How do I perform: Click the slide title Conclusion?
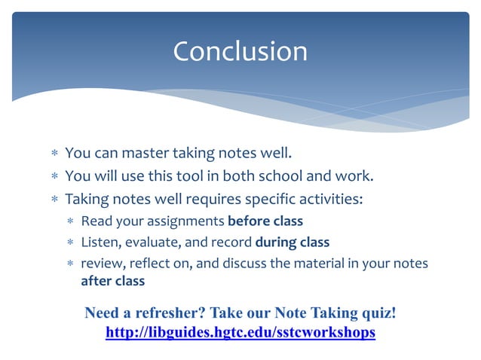pos(240,51)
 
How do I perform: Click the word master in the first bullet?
pos(143,154)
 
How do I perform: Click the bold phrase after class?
pos(112,281)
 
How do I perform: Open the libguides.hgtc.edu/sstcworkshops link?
pos(240,331)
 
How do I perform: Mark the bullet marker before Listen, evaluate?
pos(70,243)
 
